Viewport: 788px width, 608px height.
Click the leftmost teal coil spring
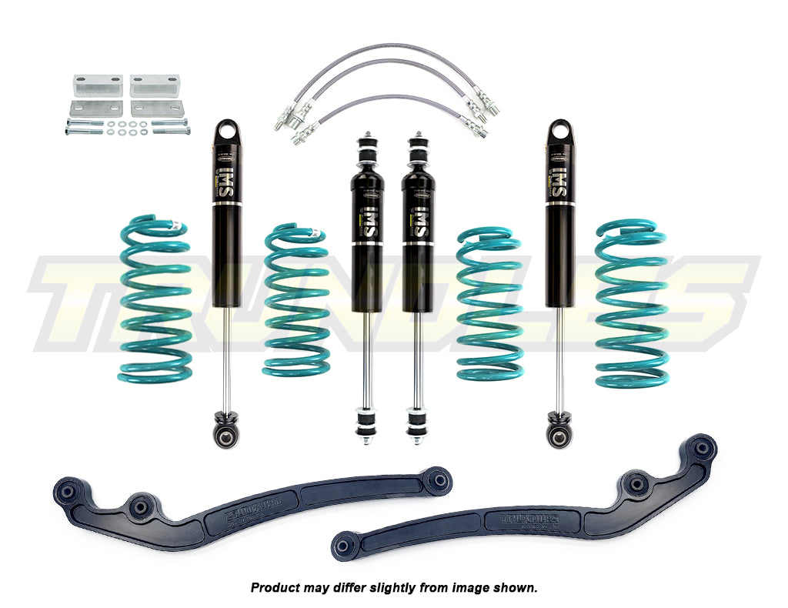pyautogui.click(x=155, y=300)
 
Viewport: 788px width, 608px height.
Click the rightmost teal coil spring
pyautogui.click(x=631, y=304)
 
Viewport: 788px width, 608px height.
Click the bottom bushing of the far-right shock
pyautogui.click(x=559, y=436)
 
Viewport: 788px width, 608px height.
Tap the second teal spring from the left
pyautogui.click(x=296, y=300)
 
